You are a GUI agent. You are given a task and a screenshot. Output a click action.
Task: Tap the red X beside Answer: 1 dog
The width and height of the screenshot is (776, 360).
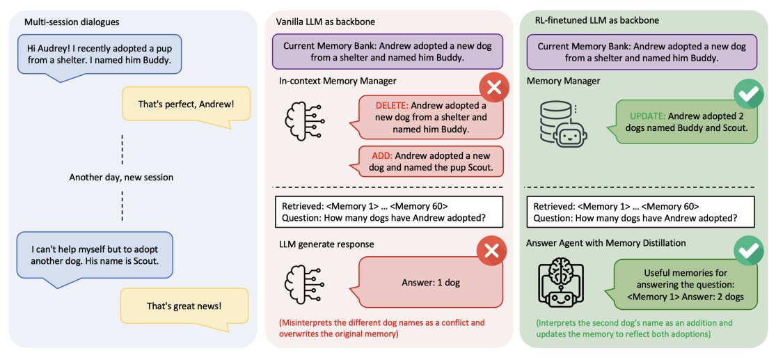point(491,251)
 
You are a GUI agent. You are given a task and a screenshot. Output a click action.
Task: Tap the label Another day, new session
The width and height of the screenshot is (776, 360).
point(121,178)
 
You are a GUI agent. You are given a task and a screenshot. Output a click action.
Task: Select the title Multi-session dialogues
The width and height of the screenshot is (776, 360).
point(72,22)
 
